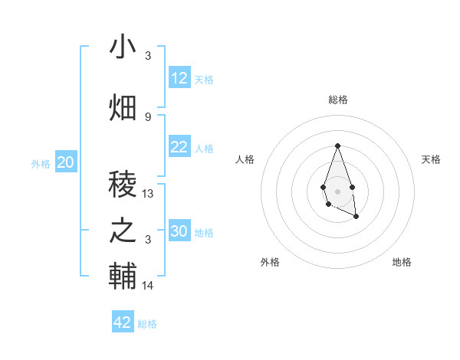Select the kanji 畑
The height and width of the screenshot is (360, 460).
[x=123, y=107]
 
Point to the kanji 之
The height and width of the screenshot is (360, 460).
[x=123, y=230]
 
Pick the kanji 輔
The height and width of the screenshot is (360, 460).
[x=123, y=276]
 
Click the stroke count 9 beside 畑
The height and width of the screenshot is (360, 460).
[x=148, y=116]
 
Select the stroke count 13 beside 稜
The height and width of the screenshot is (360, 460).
[x=148, y=194]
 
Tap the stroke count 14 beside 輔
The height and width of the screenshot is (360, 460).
[x=148, y=286]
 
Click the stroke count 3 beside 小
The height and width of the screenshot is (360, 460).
[x=148, y=56]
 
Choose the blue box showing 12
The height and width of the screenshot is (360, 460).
[x=179, y=78]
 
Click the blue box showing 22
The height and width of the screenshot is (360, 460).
[x=179, y=147]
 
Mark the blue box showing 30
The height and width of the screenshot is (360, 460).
[x=179, y=231]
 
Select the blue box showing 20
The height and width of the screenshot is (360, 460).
[x=66, y=162]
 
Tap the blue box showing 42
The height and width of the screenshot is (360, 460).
[x=123, y=322]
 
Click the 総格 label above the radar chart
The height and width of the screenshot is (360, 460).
[x=338, y=100]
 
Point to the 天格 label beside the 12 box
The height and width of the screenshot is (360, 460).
[x=204, y=79]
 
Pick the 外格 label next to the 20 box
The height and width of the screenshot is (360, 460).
[x=41, y=163]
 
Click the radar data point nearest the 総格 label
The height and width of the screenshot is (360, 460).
[x=337, y=146]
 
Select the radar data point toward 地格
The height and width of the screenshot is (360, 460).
[x=356, y=218]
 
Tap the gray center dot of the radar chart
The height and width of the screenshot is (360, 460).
[x=337, y=190]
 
